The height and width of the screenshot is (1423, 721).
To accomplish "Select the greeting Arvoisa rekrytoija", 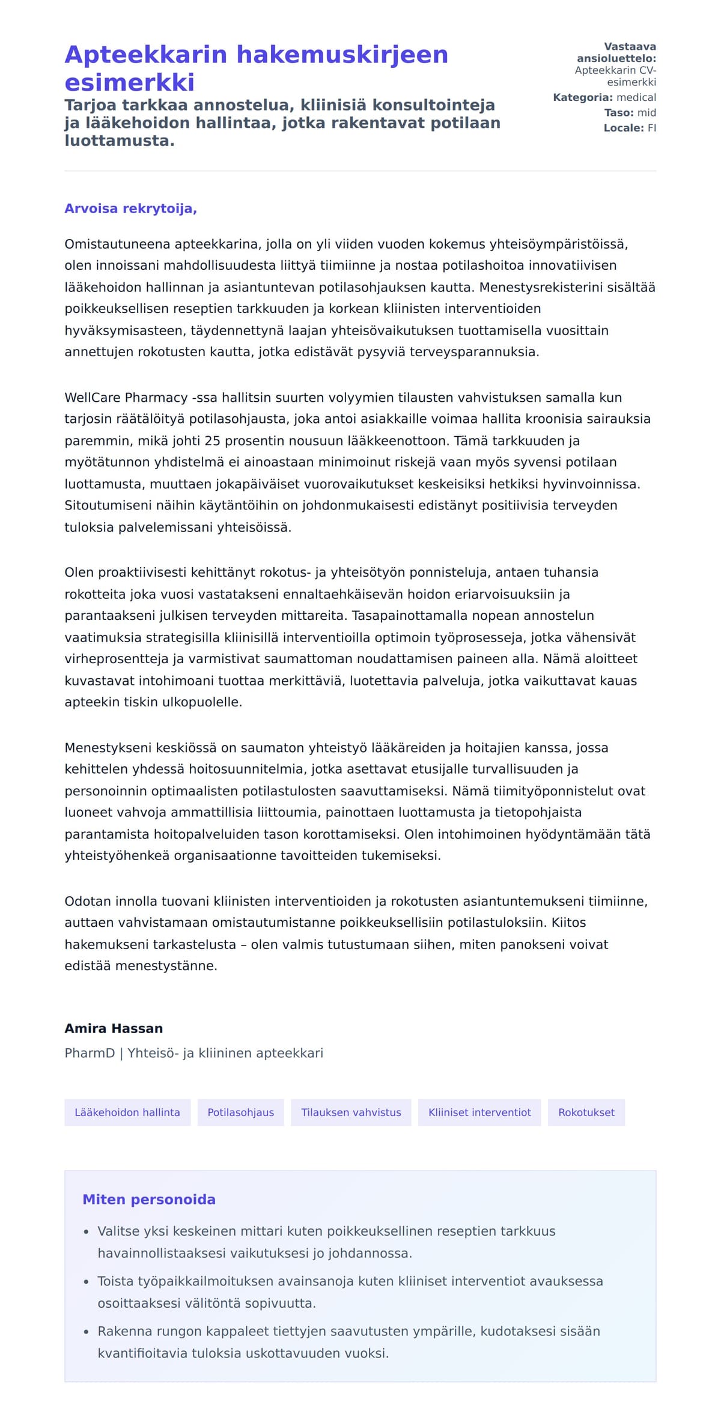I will (130, 208).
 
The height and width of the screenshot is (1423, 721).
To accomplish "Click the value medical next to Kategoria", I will (636, 97).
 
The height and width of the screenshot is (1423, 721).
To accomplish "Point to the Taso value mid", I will (646, 112).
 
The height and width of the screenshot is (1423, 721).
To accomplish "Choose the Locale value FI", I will (651, 128).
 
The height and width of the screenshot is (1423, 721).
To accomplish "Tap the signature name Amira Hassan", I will (114, 1028).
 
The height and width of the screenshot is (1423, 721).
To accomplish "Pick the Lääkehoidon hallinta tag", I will (127, 1112).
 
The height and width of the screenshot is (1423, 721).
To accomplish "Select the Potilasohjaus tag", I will (240, 1112).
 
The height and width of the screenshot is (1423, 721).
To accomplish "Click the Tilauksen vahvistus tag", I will (351, 1112).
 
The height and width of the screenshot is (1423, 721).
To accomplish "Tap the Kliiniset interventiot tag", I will (479, 1112).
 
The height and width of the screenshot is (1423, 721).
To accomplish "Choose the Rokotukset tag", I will (586, 1112).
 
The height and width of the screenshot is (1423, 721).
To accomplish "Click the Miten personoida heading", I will (149, 1200).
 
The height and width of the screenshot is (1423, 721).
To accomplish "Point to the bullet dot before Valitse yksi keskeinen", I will (87, 1232).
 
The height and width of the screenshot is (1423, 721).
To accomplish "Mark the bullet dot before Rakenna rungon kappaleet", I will (87, 1332).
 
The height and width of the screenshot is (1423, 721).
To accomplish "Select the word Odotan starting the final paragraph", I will (87, 901).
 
